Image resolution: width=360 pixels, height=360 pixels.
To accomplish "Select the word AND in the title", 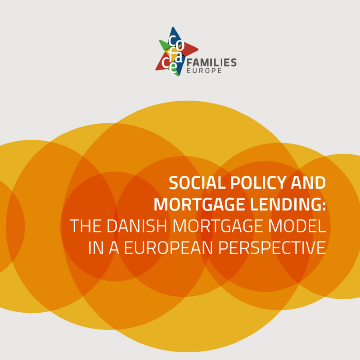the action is [308, 183].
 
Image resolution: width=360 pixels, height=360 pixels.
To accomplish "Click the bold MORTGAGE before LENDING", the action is [199, 205].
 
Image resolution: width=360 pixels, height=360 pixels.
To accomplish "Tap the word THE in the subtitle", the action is [85, 226].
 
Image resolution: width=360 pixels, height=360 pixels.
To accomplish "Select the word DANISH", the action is [137, 226].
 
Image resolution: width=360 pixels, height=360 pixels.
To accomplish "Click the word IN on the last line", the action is [96, 248].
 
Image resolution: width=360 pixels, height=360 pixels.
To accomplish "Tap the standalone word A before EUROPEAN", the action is [114, 248].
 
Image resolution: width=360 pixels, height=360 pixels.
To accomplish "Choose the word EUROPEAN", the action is [168, 248].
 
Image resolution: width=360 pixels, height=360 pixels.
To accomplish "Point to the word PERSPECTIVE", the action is [272, 248].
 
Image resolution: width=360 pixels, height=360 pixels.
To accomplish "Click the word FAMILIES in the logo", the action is [211, 63].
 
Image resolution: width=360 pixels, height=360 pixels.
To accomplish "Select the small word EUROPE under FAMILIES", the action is [204, 71].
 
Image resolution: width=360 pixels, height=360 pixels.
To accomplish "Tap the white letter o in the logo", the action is [180, 46].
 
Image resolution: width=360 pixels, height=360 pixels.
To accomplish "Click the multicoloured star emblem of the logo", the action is [177, 51].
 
